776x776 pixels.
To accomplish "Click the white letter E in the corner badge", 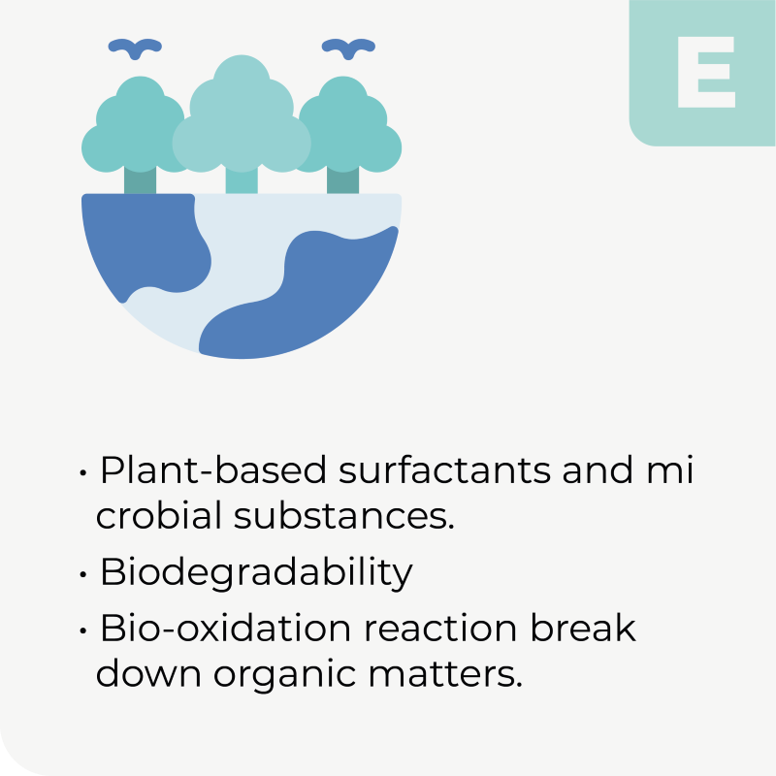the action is (x=706, y=72).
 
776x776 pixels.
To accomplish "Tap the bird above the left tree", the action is (x=135, y=48).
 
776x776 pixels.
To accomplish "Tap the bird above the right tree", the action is (x=348, y=48).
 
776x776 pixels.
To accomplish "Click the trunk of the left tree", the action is (x=140, y=181).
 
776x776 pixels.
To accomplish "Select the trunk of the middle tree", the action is (x=242, y=181).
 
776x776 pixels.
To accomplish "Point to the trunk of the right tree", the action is (x=343, y=181).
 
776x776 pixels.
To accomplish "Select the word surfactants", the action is (x=445, y=469).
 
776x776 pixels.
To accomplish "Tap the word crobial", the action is (x=159, y=515).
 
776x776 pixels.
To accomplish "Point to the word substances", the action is (x=344, y=515).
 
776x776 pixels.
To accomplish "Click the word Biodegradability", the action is (x=256, y=573).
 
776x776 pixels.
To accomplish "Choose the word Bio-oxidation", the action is (x=226, y=628).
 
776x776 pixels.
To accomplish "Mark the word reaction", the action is (x=441, y=629).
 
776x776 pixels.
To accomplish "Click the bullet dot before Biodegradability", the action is (x=83, y=574).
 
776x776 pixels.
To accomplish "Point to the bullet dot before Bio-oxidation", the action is (x=83, y=631).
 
